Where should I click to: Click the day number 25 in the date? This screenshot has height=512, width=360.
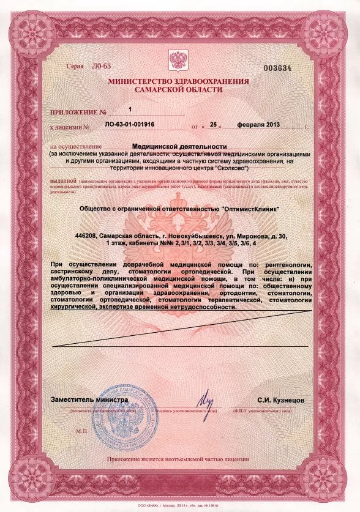[214, 124]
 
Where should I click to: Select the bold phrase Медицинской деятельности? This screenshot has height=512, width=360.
[179, 147]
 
